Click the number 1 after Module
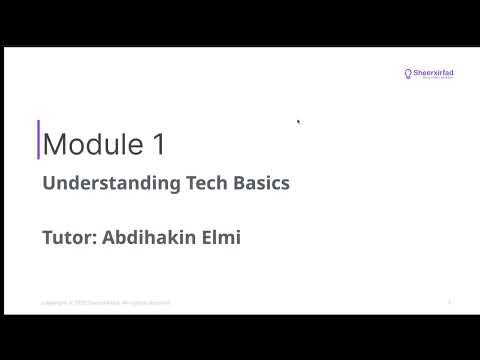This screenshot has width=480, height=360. point(159,144)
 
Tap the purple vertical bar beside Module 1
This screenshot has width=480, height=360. point(38,140)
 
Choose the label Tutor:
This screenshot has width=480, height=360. point(70,239)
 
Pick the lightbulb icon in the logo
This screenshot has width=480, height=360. point(408,73)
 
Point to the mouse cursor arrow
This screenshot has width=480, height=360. point(299,122)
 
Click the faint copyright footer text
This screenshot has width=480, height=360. point(105,302)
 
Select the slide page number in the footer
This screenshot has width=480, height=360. point(450,302)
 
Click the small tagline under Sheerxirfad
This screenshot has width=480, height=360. point(437,80)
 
